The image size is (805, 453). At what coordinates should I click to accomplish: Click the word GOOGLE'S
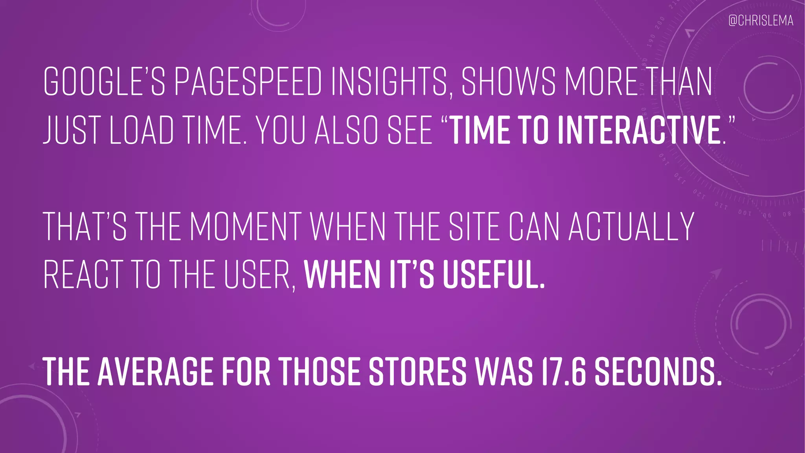[104, 82]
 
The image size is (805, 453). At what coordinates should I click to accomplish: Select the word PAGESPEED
[248, 82]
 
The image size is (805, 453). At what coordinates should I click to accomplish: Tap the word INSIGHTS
[389, 82]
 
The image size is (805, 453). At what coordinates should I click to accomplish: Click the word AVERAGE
[155, 371]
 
